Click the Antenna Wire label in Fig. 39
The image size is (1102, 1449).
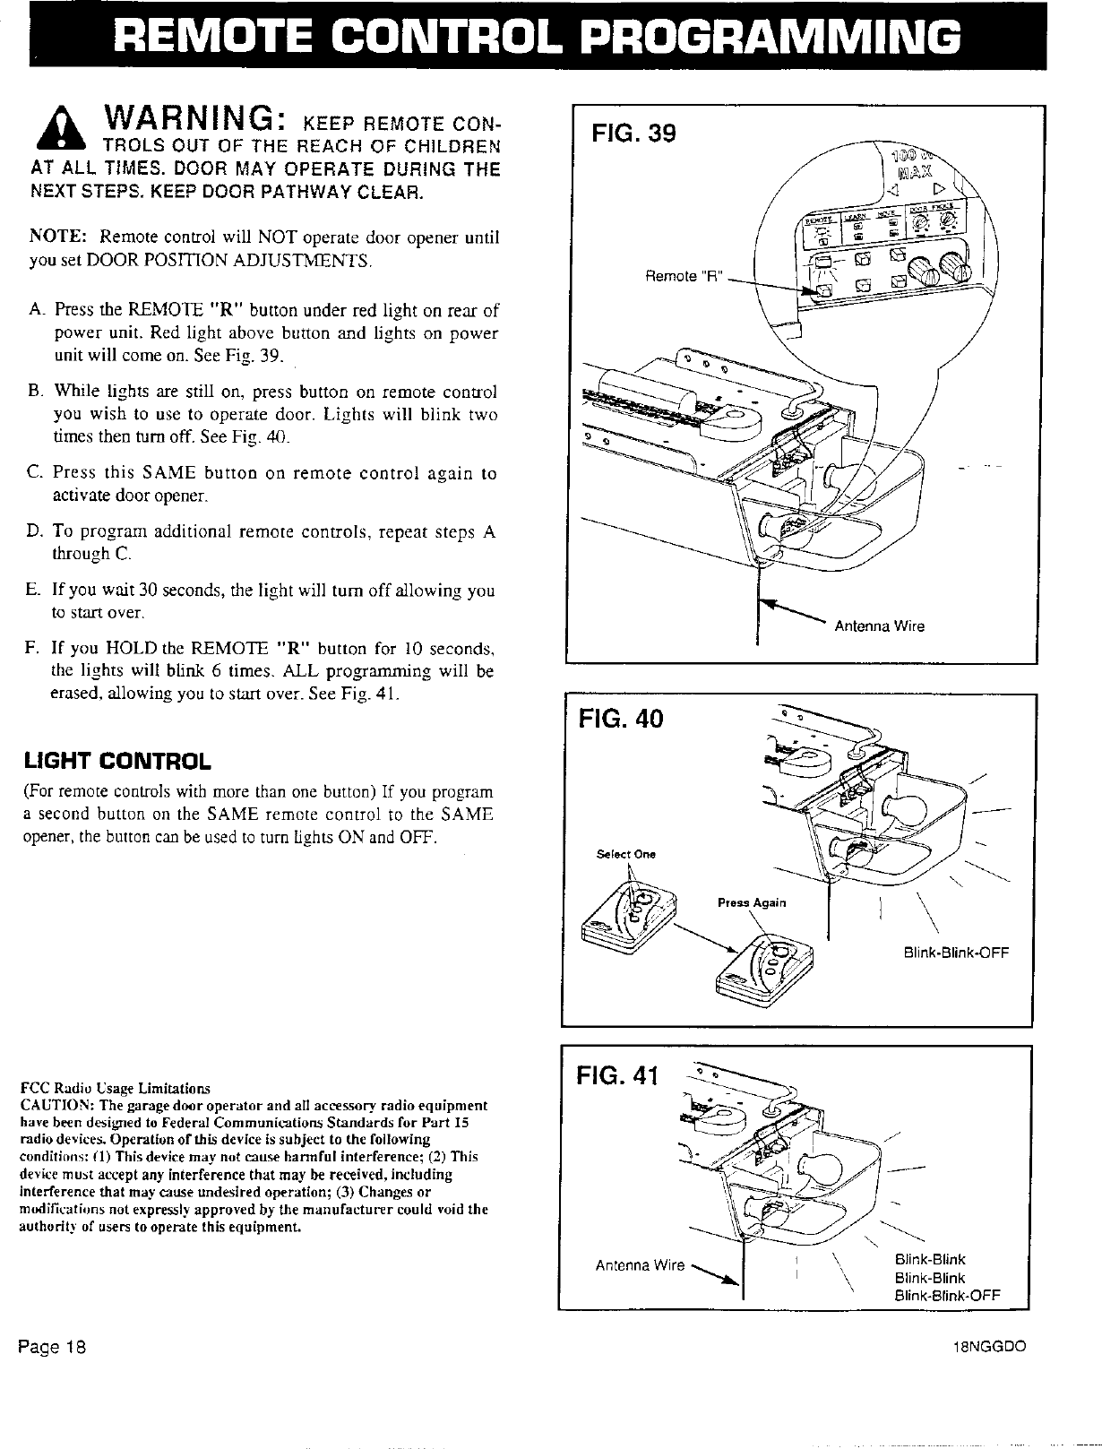(879, 626)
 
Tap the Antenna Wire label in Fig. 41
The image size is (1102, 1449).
(640, 1265)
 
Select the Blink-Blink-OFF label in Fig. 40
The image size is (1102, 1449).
(957, 953)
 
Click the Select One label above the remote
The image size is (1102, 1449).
(625, 854)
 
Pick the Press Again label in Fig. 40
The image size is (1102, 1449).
(752, 902)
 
